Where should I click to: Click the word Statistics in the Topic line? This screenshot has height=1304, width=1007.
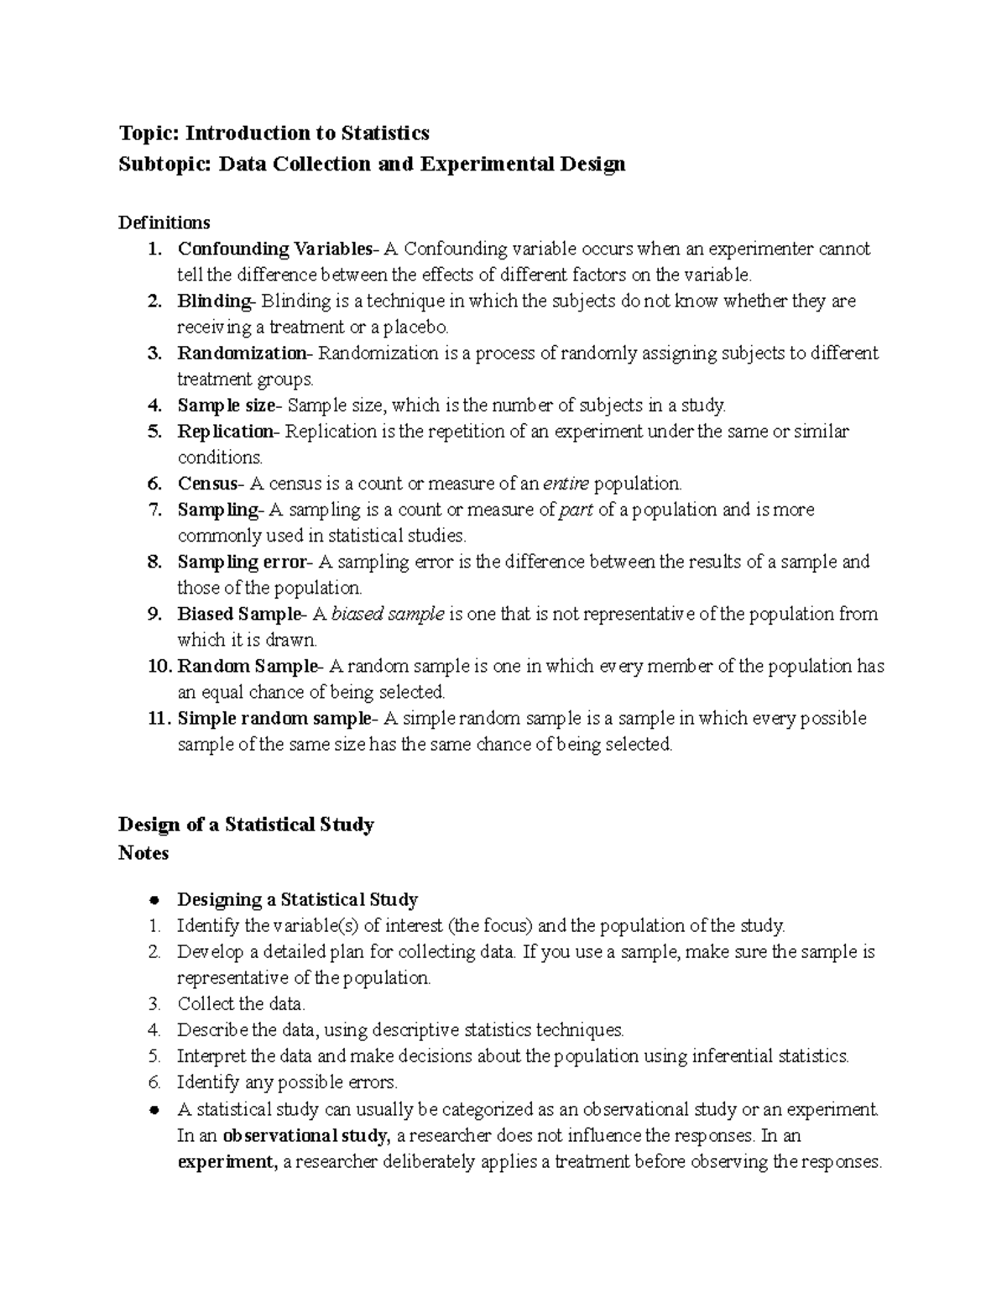tap(384, 133)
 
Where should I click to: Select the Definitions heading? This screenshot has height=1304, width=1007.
tap(164, 223)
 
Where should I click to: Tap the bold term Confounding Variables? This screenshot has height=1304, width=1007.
tap(274, 249)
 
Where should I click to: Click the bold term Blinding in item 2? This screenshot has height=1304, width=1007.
tap(213, 301)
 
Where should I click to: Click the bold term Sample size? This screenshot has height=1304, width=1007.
tap(225, 406)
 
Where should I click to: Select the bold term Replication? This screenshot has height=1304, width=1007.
tap(224, 432)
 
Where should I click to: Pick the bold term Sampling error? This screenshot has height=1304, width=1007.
tap(242, 562)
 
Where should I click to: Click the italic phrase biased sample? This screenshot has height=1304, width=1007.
tap(388, 614)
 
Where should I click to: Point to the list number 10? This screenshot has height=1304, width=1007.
tap(159, 666)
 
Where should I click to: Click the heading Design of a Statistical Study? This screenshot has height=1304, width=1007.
tap(246, 825)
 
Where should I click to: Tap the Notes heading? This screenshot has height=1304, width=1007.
tap(143, 853)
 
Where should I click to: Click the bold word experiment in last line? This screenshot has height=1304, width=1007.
tap(226, 1162)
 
